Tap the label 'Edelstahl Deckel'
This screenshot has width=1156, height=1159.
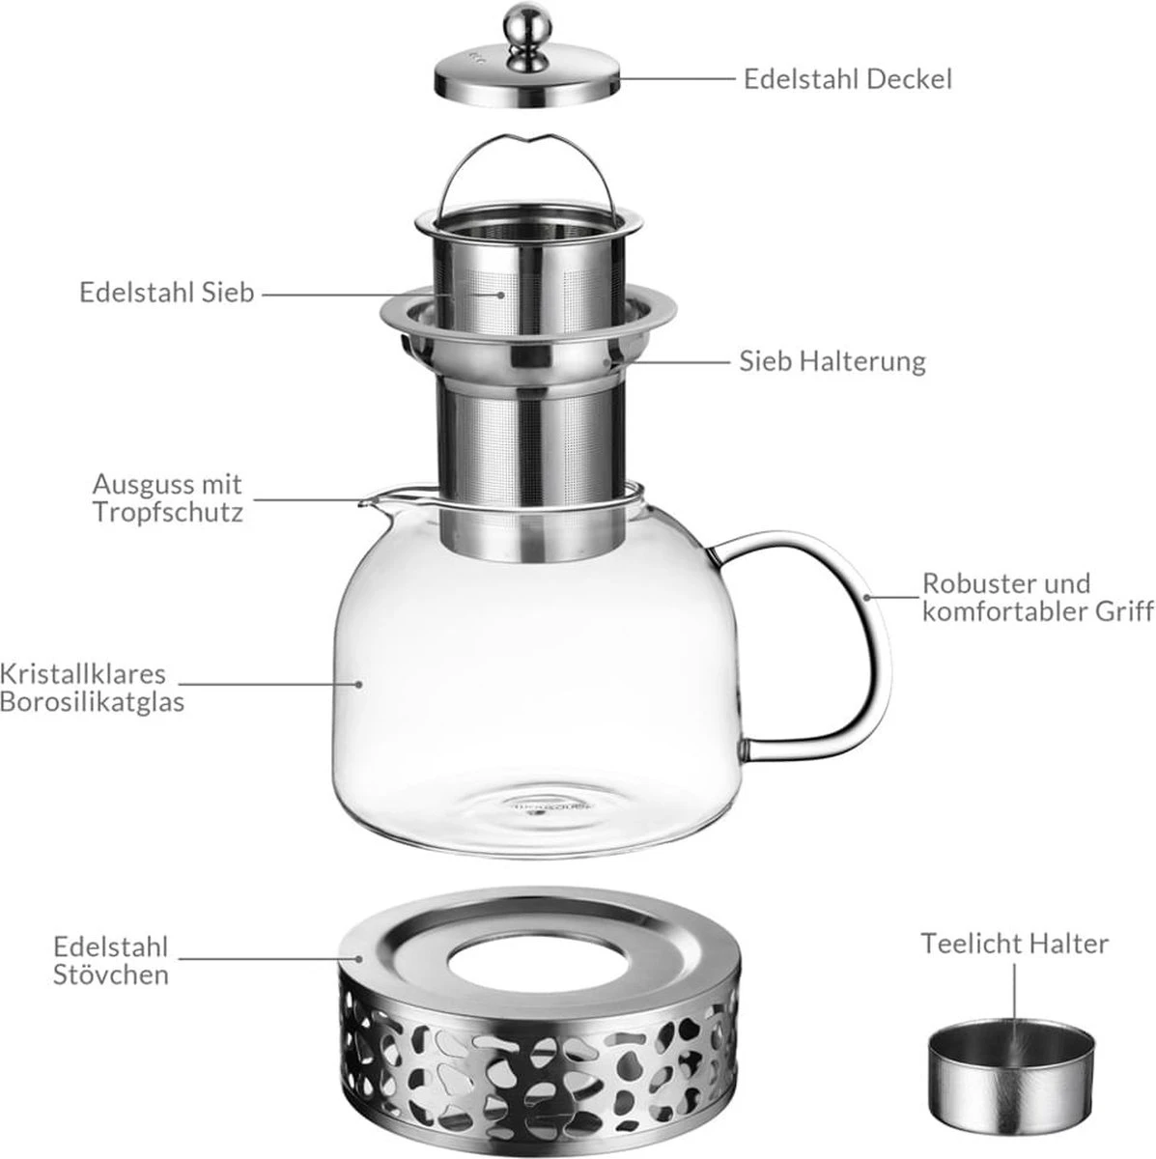click(x=847, y=79)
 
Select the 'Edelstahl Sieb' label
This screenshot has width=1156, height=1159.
click(x=167, y=292)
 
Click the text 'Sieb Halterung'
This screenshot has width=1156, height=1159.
click(x=832, y=361)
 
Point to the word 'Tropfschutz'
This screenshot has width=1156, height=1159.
click(x=168, y=512)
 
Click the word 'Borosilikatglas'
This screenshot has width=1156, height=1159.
click(x=93, y=701)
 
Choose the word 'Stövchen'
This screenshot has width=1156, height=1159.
click(x=111, y=974)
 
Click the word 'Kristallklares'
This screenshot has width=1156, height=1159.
click(x=83, y=673)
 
